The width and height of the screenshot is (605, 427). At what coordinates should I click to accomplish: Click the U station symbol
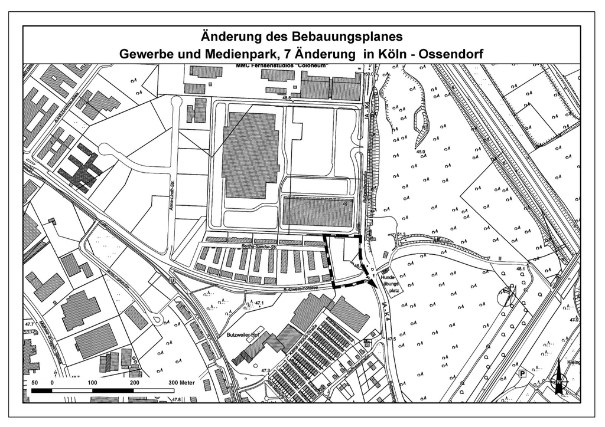coord(171,281)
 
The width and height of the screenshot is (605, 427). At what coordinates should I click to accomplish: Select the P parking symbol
coord(522,373)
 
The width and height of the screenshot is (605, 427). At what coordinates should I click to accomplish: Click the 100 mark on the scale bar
coord(93,383)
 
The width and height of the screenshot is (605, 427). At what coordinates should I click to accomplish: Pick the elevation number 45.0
coord(421,152)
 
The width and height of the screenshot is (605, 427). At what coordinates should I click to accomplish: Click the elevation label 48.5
coord(287,98)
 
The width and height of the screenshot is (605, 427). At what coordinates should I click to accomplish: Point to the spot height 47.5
coord(391,339)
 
